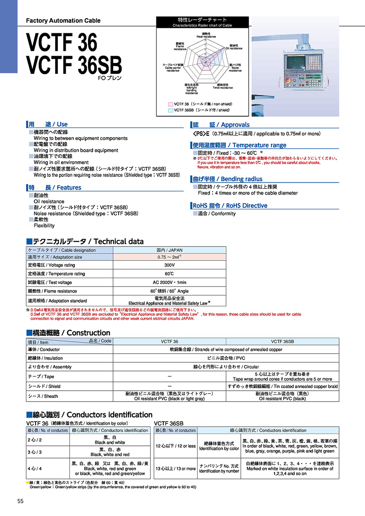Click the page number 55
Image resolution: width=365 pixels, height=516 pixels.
pos(20,501)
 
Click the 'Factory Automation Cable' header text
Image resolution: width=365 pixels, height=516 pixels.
pos(63,21)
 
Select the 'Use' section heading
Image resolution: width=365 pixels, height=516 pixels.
pos(48,124)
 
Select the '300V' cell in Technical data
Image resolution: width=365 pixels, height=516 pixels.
pos(169,265)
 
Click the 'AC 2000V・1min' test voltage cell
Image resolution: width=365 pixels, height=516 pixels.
pos(169,282)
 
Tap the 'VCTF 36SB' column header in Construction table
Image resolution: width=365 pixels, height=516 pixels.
pos(283,341)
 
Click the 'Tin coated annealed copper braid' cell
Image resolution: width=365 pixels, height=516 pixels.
pos(283,386)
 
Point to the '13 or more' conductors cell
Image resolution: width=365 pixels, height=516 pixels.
pos(176,468)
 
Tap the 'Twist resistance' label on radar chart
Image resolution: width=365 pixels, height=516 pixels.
pos(223,86)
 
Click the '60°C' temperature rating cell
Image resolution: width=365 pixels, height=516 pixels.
pos(169,273)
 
